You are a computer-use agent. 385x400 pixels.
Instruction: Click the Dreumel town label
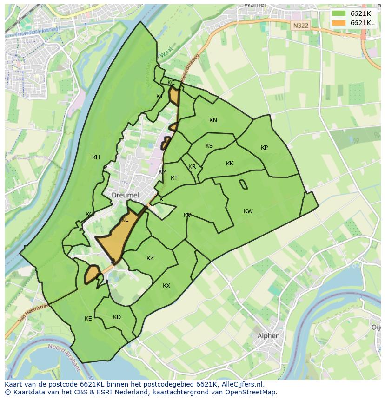[125, 195]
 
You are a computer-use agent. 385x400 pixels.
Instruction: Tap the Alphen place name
[269, 336]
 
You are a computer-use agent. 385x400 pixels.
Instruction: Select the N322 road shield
[300, 26]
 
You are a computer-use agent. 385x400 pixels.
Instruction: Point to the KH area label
[96, 157]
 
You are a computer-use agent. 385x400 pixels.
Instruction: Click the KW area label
[248, 211]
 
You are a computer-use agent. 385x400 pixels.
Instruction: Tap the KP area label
[264, 148]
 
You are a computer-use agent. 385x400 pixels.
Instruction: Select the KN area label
[213, 120]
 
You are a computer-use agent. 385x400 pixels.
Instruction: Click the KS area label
[209, 146]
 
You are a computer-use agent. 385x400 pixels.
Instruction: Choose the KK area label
[230, 164]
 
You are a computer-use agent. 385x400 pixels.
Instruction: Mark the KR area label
[192, 167]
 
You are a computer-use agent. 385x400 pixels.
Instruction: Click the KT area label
[174, 178]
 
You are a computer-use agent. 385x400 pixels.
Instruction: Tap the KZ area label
[150, 258]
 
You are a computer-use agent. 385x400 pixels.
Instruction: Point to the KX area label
[166, 286]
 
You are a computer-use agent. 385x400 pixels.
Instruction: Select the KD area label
[117, 317]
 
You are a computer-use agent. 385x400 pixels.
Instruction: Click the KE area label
[88, 319]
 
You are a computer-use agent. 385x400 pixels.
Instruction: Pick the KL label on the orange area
[125, 220]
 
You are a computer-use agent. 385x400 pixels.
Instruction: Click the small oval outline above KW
[243, 184]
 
